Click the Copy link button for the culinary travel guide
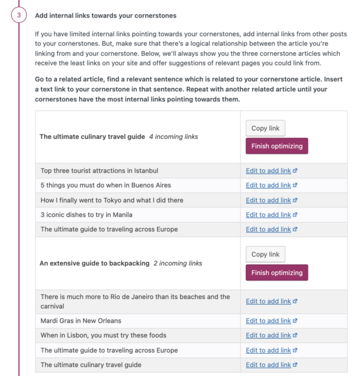(x=265, y=128)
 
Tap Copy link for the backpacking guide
(x=265, y=254)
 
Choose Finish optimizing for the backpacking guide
(x=277, y=273)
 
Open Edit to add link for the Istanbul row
(x=268, y=171)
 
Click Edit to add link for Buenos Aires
(x=268, y=186)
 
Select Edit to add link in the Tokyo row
(x=268, y=200)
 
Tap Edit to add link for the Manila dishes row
(x=268, y=214)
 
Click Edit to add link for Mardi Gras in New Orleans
(x=268, y=321)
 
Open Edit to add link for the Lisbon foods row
(x=268, y=335)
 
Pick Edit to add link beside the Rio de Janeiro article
(x=268, y=302)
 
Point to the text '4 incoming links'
(x=173, y=137)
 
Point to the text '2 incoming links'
(x=178, y=263)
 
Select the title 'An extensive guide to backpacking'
(x=94, y=263)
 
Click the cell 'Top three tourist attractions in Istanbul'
(x=100, y=171)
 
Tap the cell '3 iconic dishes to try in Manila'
(x=86, y=214)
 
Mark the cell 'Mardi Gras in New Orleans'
(x=81, y=321)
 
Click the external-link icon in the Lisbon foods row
(x=295, y=335)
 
